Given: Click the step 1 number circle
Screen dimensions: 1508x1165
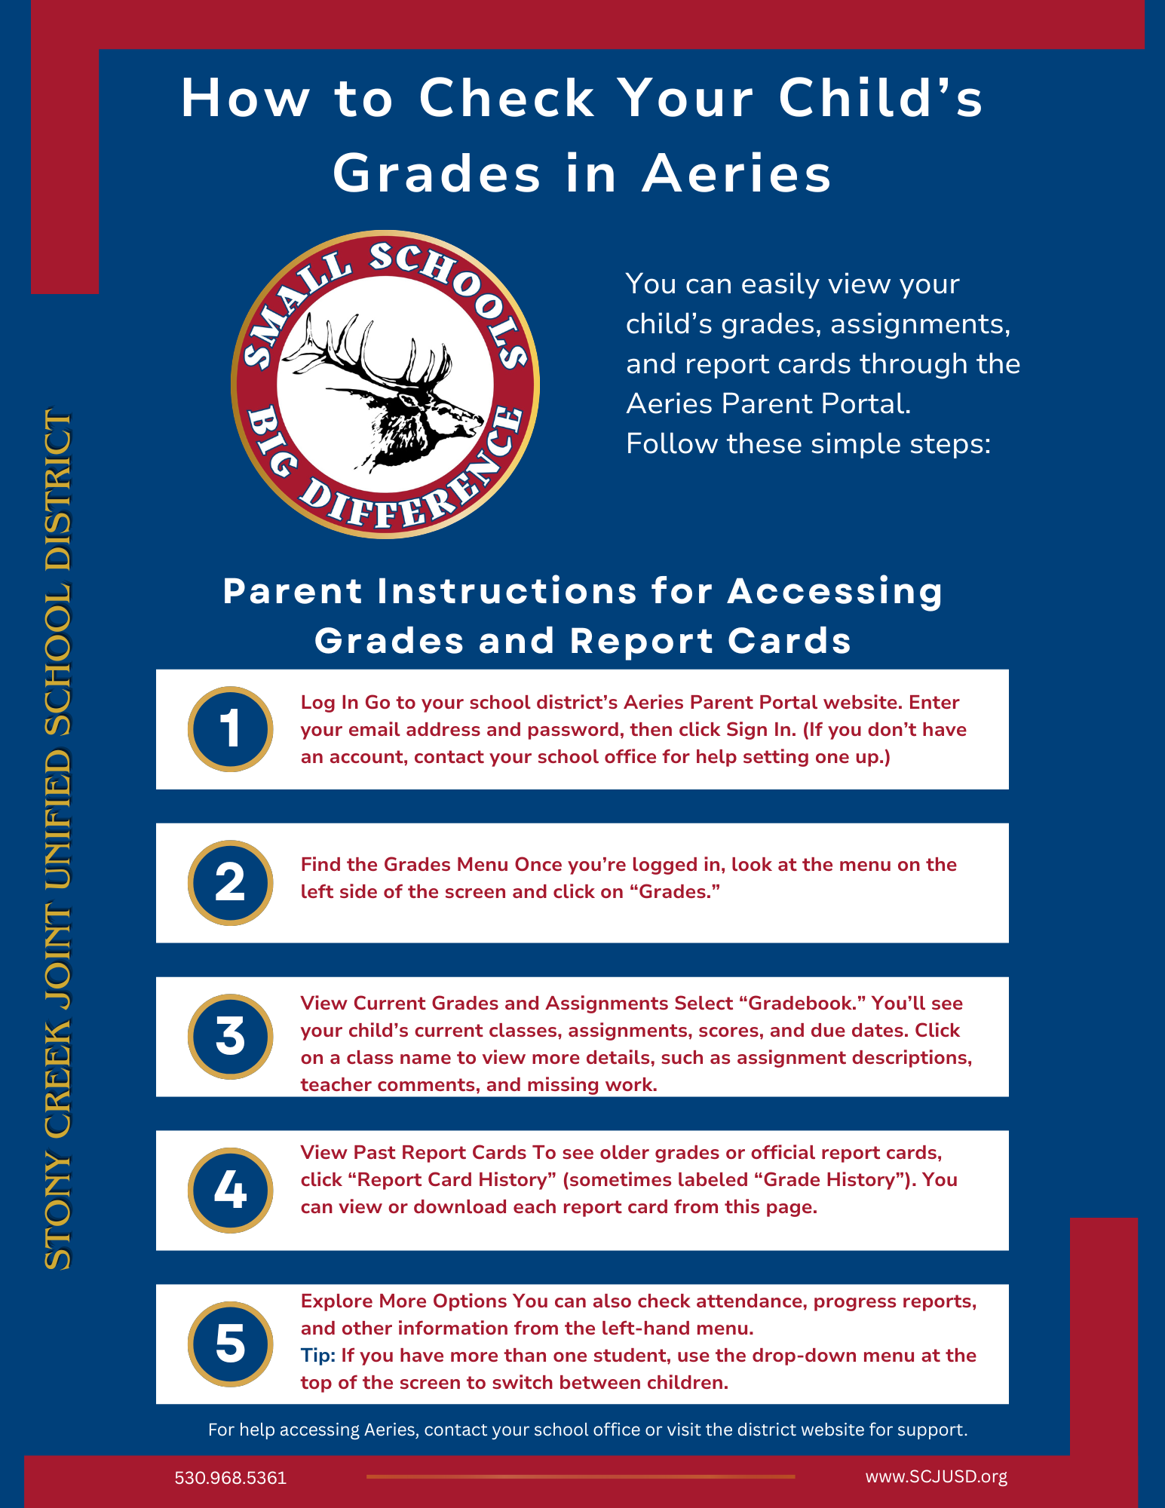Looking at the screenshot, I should click(x=230, y=729).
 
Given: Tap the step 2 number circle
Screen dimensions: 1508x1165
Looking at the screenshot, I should click(x=230, y=883).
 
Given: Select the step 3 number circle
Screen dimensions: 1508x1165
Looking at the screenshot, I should click(x=230, y=1037).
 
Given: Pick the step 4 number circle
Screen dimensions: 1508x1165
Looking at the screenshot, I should click(x=230, y=1191).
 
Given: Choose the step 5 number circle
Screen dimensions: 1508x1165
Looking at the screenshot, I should click(x=230, y=1344).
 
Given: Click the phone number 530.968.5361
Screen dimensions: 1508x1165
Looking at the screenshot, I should click(x=231, y=1478).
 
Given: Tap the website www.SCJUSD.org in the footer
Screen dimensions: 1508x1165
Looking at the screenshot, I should click(x=936, y=1476).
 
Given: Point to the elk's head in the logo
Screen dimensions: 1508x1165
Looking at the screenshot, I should click(x=422, y=415).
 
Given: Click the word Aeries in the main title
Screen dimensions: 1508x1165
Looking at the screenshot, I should click(x=737, y=173).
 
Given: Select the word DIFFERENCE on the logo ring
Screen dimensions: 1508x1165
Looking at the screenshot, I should click(x=411, y=483).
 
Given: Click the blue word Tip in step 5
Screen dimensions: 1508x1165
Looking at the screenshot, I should click(x=317, y=1356).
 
